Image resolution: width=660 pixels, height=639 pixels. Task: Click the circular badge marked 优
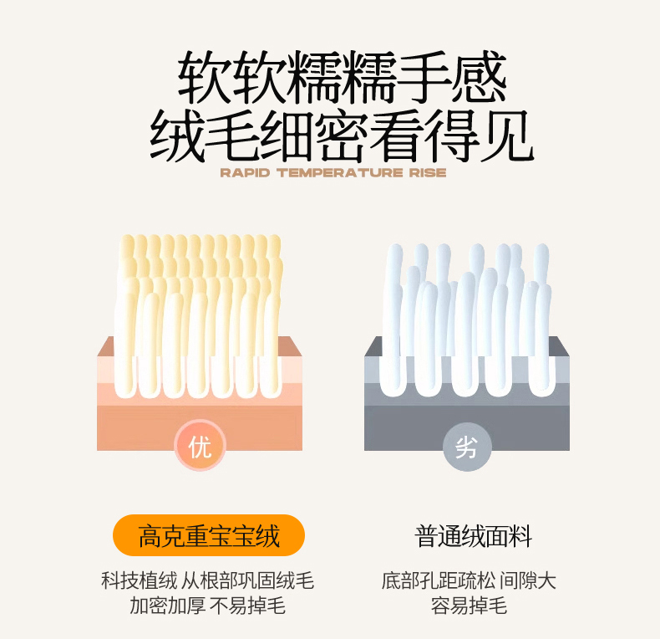(200, 446)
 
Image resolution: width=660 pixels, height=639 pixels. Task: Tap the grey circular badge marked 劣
(467, 447)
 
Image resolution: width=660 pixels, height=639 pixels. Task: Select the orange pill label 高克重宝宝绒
(209, 536)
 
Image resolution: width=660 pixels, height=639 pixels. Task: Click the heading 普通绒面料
(473, 536)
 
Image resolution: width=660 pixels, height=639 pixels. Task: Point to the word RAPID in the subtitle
(245, 173)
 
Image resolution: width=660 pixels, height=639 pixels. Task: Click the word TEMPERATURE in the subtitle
(340, 173)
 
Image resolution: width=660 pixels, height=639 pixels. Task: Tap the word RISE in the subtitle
(428, 173)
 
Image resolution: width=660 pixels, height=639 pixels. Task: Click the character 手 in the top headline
(424, 77)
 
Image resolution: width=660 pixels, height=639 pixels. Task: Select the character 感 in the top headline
(479, 77)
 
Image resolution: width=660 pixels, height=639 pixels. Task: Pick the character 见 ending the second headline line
(507, 135)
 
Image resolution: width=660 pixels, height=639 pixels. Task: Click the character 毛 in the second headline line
(232, 135)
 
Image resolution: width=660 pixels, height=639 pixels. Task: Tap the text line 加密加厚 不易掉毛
(207, 606)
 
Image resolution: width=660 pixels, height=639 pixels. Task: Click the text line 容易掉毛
(469, 606)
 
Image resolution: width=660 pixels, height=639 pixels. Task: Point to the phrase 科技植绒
(140, 580)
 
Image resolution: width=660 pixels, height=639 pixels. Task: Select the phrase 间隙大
(528, 580)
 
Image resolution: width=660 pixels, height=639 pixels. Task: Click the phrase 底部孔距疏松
(438, 580)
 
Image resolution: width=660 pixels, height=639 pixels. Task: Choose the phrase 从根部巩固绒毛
(247, 580)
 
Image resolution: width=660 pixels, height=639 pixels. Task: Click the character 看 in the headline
(397, 135)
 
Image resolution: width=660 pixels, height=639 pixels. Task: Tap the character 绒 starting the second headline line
(177, 135)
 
